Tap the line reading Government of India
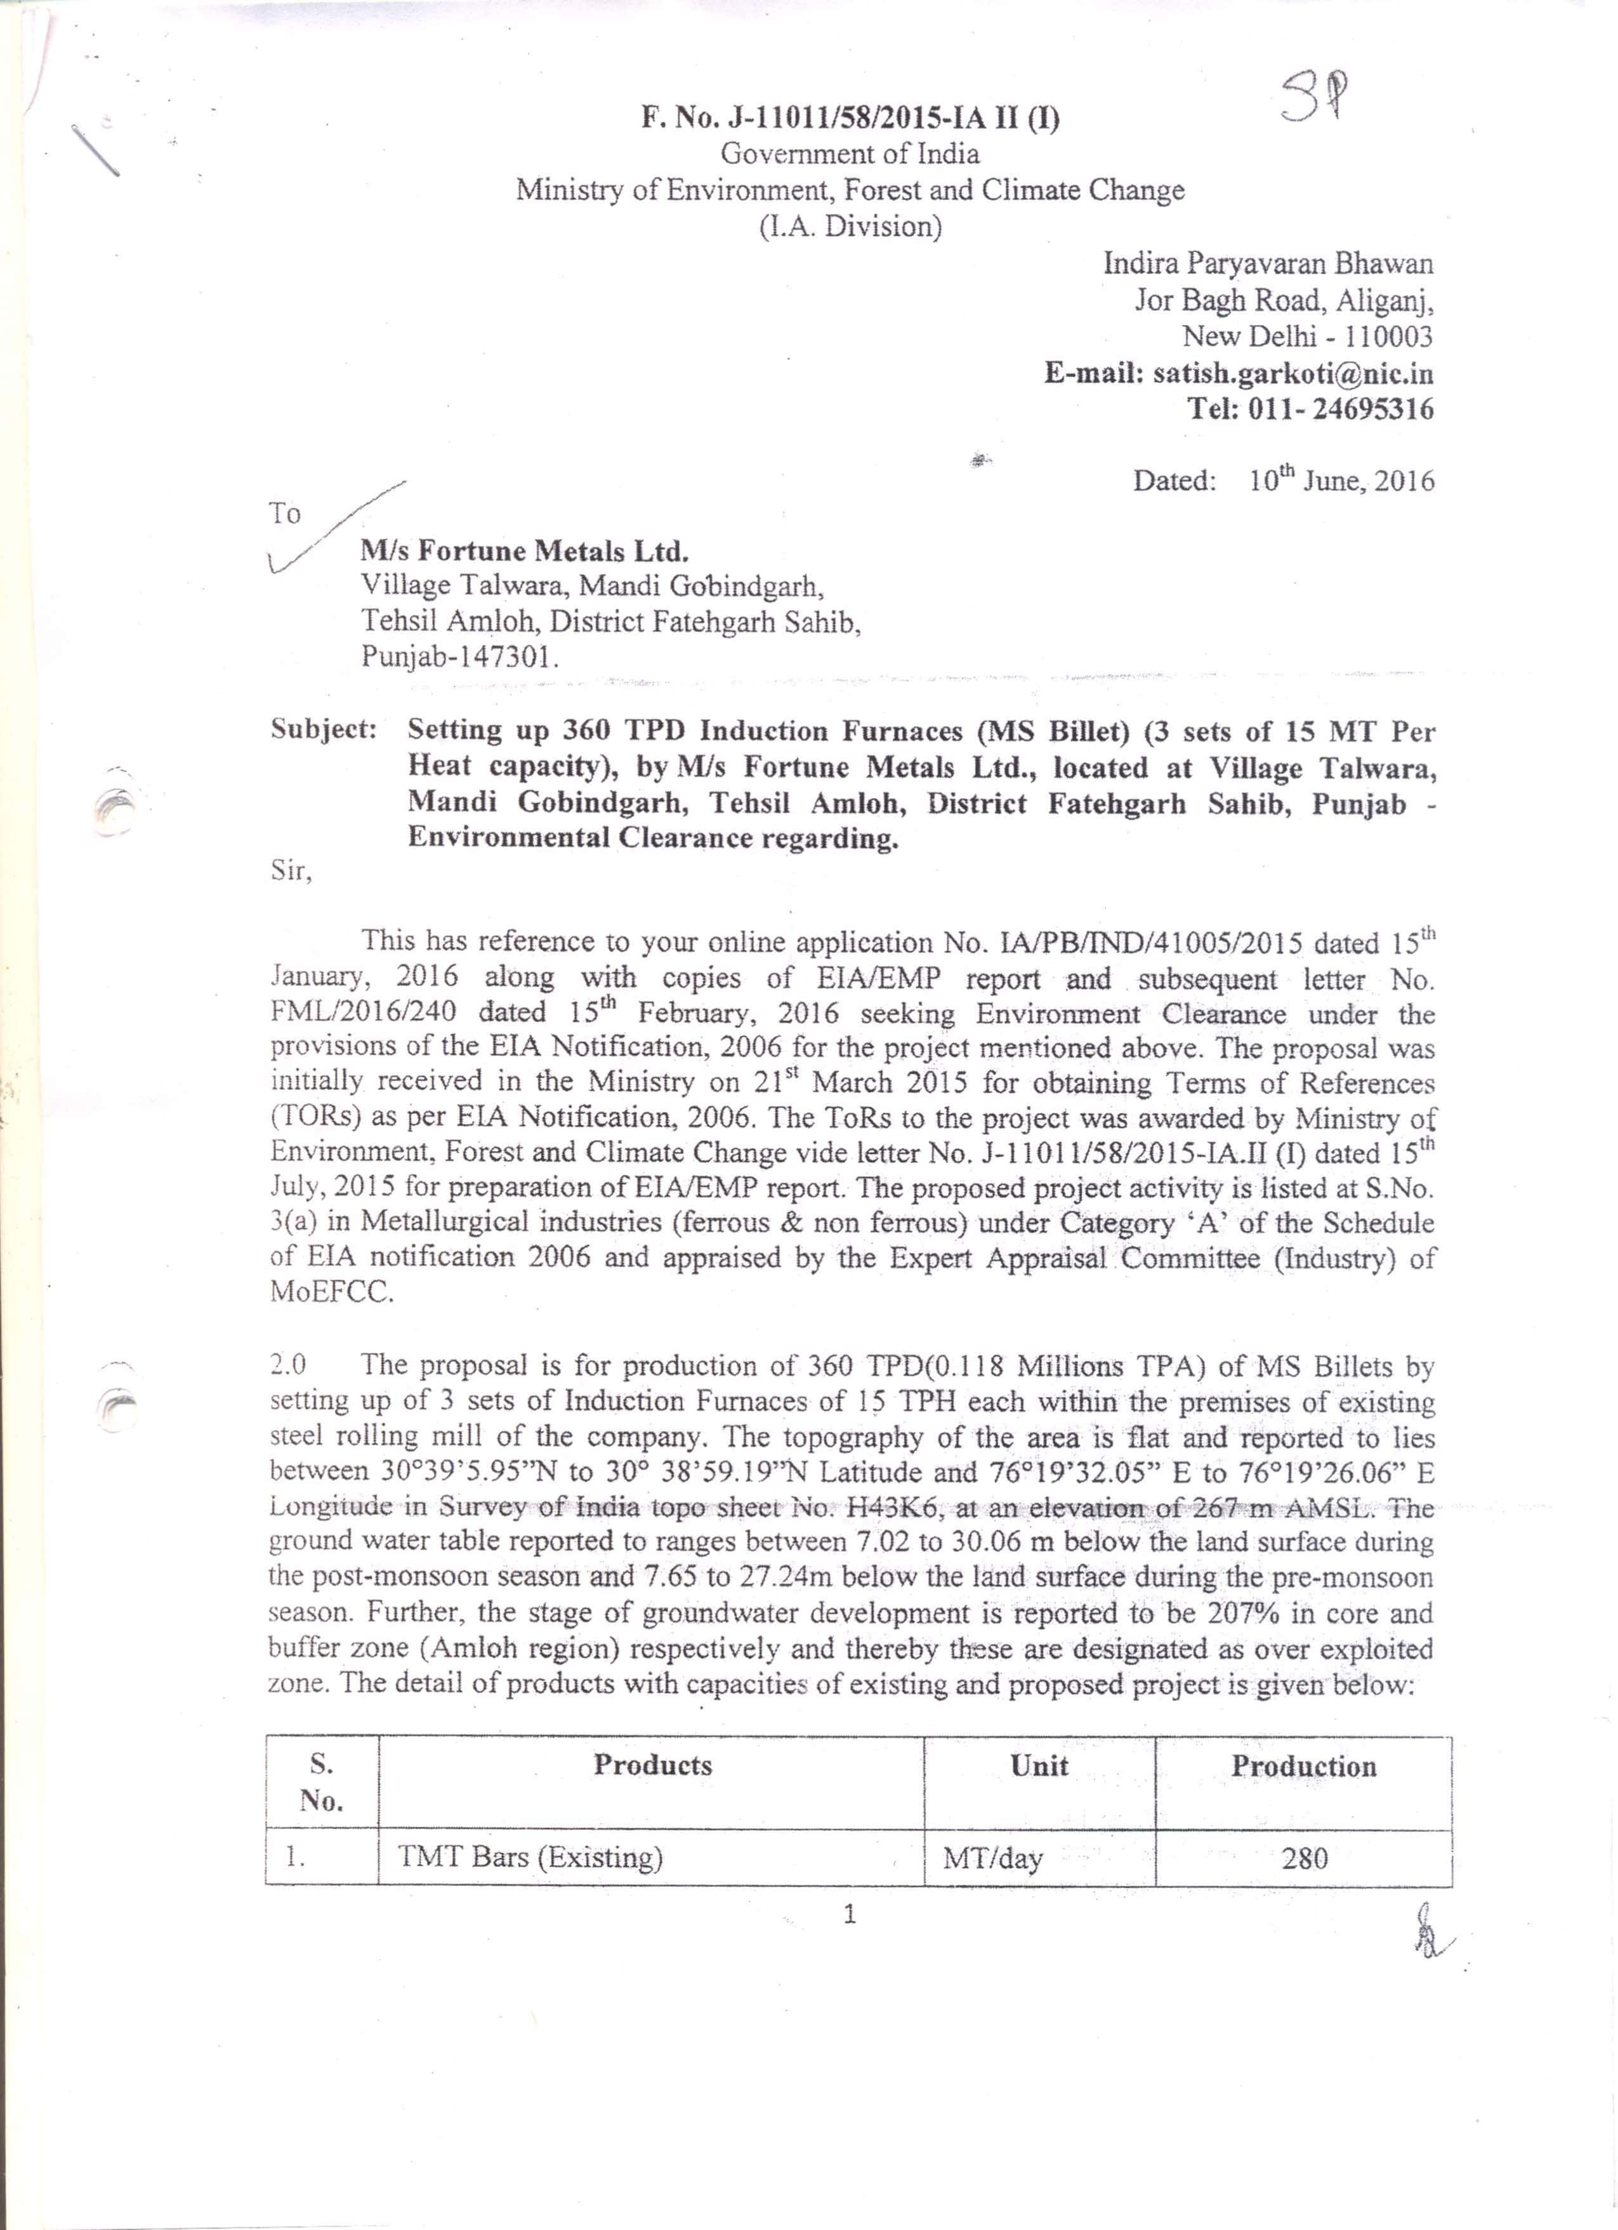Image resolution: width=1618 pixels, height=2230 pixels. [x=850, y=154]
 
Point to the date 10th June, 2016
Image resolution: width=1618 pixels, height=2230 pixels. [x=1341, y=481]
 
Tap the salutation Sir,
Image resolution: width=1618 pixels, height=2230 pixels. [x=291, y=870]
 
